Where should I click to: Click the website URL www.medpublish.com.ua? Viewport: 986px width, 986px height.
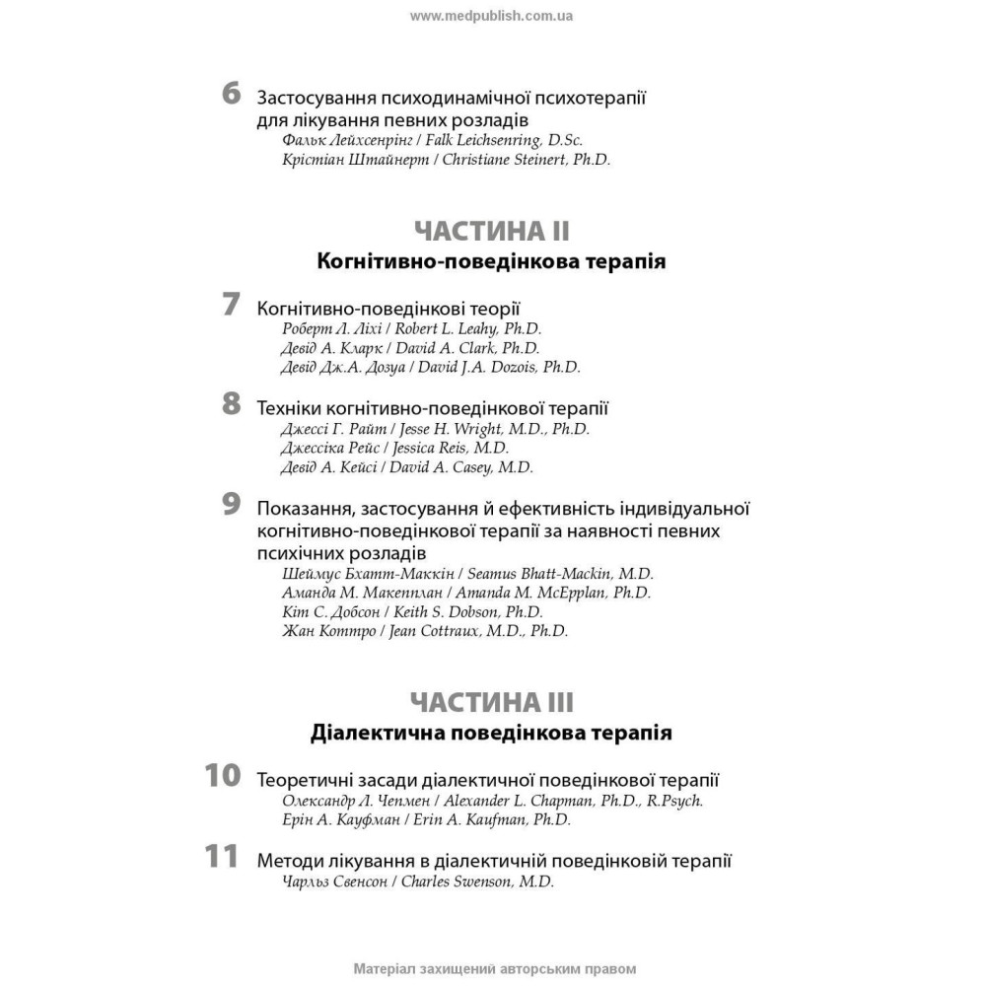[x=491, y=16]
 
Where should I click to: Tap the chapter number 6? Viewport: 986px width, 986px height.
[x=231, y=96]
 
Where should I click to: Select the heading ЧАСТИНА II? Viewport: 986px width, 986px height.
[x=491, y=232]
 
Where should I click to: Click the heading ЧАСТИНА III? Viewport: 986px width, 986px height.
[x=491, y=702]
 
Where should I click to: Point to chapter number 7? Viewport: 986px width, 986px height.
[x=231, y=305]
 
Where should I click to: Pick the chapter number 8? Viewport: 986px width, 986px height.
[x=231, y=403]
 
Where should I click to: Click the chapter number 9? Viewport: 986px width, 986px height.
[x=231, y=504]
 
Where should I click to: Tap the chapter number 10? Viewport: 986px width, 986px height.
[x=223, y=775]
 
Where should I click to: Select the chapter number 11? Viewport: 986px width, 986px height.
[x=223, y=857]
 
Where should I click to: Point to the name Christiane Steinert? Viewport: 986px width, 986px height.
[x=504, y=159]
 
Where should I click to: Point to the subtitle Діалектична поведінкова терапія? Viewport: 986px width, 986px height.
[x=491, y=734]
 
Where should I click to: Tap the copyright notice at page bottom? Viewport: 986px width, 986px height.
[x=492, y=968]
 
